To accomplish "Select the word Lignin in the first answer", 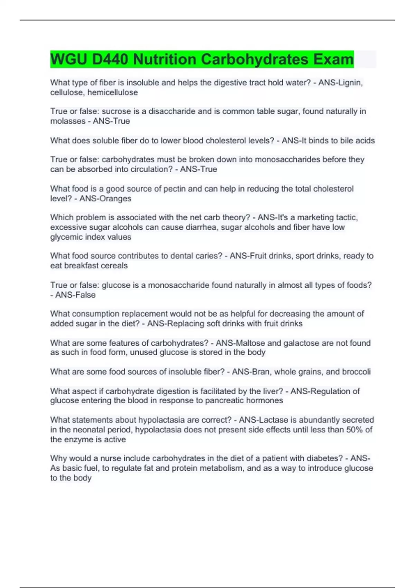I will [350, 83].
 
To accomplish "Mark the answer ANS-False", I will [75, 295].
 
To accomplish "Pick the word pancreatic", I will [224, 401].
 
